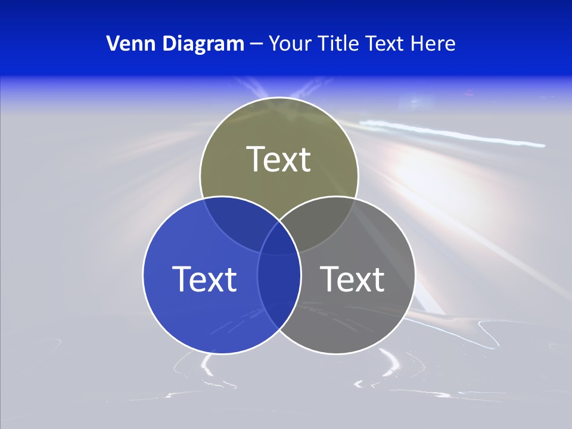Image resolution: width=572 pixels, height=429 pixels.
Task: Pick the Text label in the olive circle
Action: [x=279, y=159]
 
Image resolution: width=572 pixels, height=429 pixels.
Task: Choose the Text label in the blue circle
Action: [x=204, y=278]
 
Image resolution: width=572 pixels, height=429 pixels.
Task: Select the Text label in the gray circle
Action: [x=352, y=278]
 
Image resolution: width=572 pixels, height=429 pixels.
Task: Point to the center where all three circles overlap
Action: [x=279, y=238]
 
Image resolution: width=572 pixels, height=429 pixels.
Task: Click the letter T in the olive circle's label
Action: [x=256, y=159]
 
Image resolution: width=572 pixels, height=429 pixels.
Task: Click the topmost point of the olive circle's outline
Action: [x=279, y=98]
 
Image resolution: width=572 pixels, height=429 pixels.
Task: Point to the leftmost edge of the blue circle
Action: [x=143, y=275]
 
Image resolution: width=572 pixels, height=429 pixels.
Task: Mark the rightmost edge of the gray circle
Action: [x=415, y=275]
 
